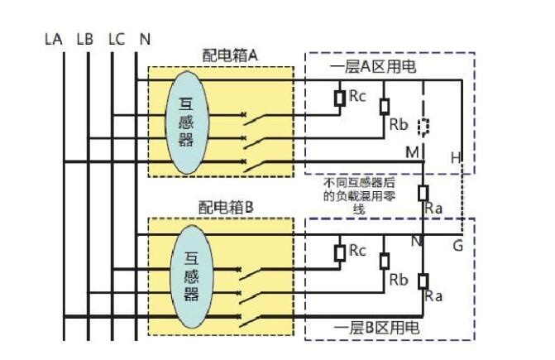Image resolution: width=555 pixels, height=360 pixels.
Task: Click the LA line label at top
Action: click(x=54, y=39)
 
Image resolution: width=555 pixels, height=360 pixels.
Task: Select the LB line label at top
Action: click(x=85, y=39)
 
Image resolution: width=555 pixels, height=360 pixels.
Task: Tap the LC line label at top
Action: click(x=117, y=39)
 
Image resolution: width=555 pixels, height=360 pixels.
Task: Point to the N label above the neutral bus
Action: click(x=145, y=39)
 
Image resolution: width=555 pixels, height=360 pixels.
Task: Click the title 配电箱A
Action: click(x=230, y=55)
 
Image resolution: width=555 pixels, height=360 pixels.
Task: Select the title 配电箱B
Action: click(x=226, y=208)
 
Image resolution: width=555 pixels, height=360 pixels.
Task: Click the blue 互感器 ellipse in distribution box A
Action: click(x=187, y=122)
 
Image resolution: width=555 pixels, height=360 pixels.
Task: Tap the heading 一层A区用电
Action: click(x=373, y=66)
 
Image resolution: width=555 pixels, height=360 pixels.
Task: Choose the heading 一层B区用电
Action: click(x=376, y=328)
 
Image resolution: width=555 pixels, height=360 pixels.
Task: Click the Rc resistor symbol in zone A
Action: click(x=340, y=98)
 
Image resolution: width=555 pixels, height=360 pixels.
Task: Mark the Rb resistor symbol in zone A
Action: click(x=385, y=107)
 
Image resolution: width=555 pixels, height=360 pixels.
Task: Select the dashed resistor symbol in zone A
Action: click(x=423, y=127)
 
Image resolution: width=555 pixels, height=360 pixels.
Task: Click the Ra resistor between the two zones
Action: click(x=423, y=194)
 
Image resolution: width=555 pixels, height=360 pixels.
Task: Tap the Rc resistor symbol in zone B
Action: click(x=340, y=253)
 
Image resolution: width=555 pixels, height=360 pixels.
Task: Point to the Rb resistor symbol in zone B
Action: click(x=385, y=262)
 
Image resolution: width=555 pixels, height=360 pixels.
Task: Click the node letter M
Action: click(x=412, y=152)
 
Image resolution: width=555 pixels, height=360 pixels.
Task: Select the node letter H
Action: click(x=456, y=157)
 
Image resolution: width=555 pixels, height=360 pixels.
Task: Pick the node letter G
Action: click(x=457, y=245)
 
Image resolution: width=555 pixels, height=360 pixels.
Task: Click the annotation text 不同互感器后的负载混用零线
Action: click(x=359, y=196)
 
